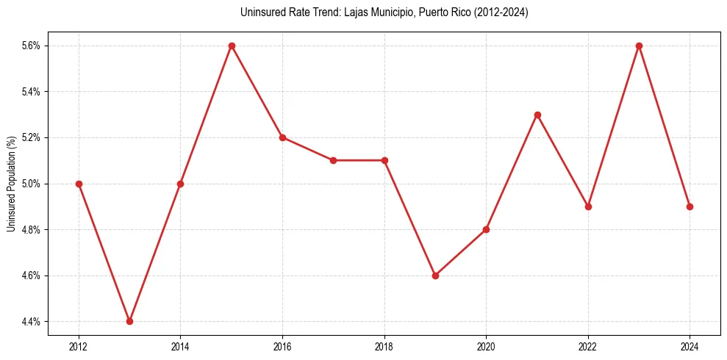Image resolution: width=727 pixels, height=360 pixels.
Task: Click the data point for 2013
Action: pyautogui.click(x=129, y=321)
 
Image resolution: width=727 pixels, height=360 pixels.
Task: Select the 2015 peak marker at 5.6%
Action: pyautogui.click(x=232, y=46)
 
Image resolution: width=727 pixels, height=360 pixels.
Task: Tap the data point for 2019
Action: pyautogui.click(x=435, y=276)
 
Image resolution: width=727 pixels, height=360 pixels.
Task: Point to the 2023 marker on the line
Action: pyautogui.click(x=639, y=46)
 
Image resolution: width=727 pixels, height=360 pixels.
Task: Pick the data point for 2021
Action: pyautogui.click(x=537, y=115)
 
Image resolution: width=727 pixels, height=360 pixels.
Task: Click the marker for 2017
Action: pyautogui.click(x=333, y=160)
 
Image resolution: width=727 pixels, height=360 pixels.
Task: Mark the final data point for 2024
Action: pyautogui.click(x=690, y=206)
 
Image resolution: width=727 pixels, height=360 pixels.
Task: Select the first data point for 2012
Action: pyautogui.click(x=79, y=184)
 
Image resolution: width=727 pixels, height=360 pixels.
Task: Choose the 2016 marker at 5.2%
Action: pyautogui.click(x=282, y=137)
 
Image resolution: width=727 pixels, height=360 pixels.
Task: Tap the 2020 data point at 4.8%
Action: pyautogui.click(x=486, y=229)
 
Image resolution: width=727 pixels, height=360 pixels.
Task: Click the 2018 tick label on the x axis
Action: pyautogui.click(x=384, y=346)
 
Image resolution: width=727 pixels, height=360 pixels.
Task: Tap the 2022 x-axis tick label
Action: pyautogui.click(x=588, y=346)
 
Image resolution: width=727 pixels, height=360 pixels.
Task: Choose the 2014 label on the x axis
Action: pyautogui.click(x=180, y=346)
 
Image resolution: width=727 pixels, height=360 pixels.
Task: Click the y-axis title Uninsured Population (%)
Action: pyautogui.click(x=11, y=184)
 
